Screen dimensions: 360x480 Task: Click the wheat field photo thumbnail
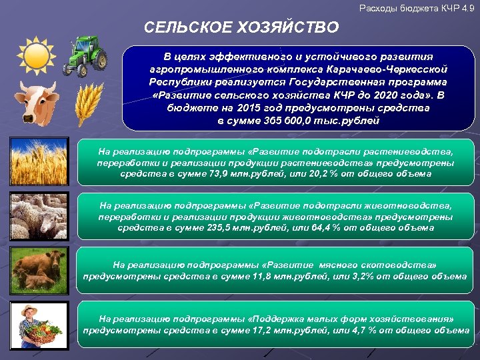39,161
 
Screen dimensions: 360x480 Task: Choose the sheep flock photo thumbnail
39,216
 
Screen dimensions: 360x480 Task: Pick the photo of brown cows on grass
39,271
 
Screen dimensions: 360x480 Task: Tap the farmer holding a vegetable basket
39,325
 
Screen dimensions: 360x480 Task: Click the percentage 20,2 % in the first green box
307,173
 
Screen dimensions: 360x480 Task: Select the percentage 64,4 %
310,228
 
